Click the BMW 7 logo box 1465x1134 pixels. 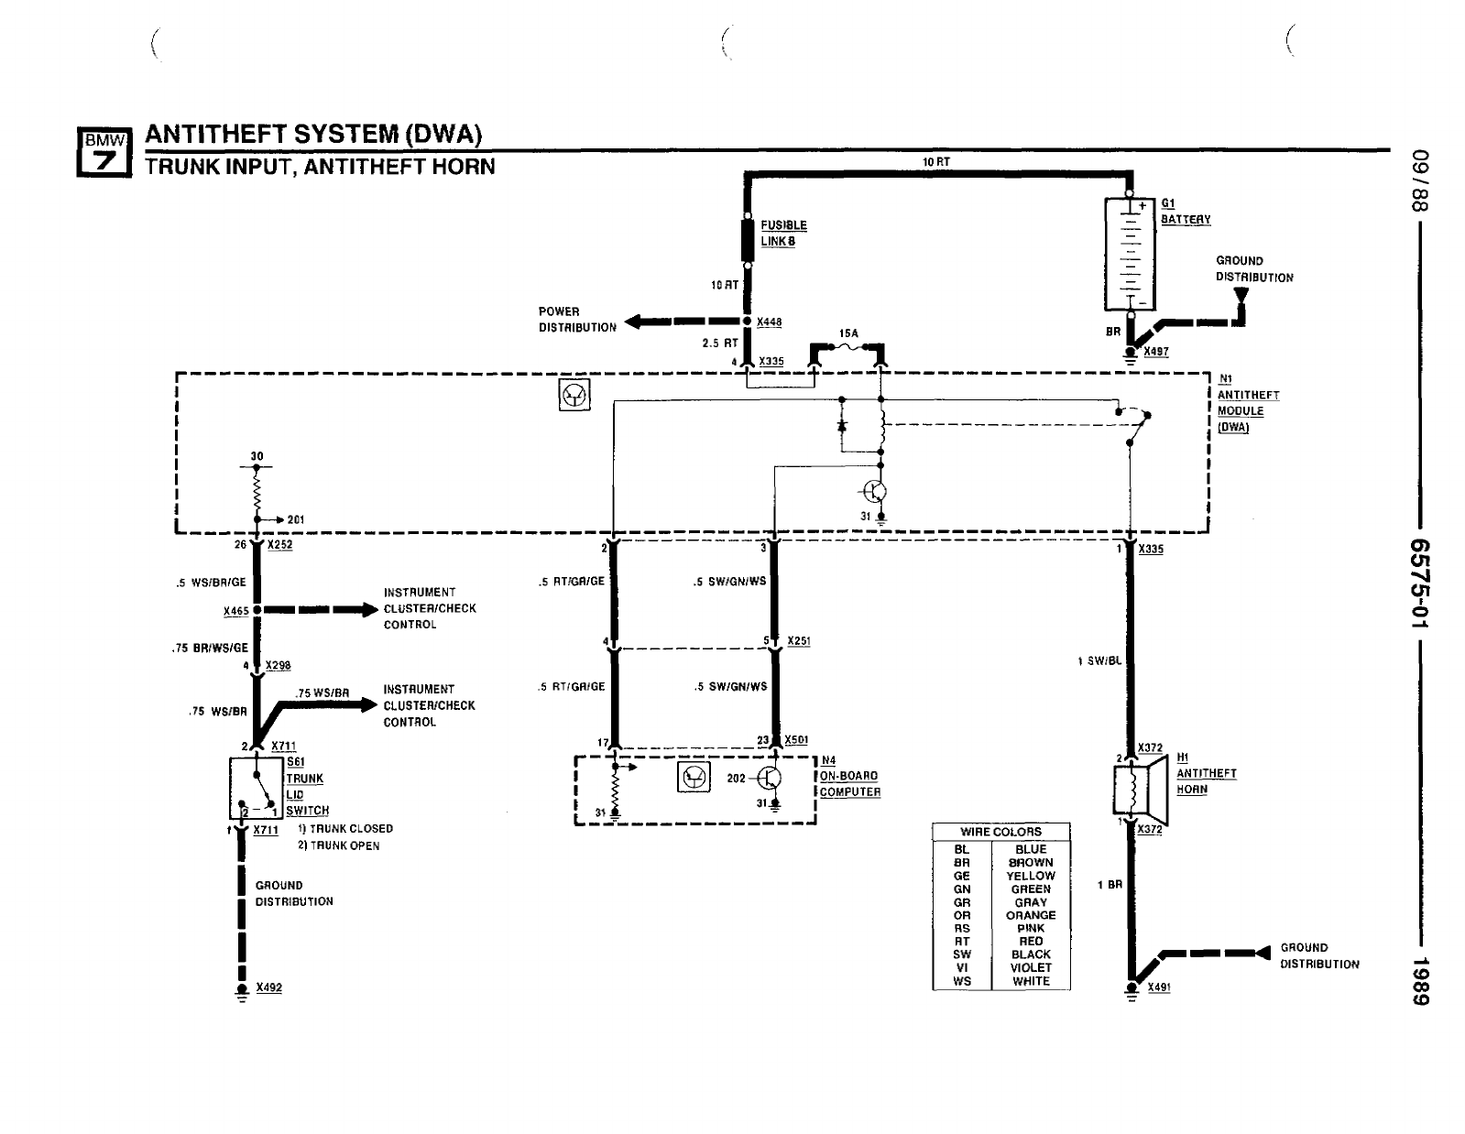click(x=104, y=152)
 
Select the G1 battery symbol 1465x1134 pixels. click(x=1130, y=254)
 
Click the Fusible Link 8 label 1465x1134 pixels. click(x=783, y=234)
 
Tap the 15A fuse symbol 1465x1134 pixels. click(x=847, y=348)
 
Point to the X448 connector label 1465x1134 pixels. click(x=770, y=322)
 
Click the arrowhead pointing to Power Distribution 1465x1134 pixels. click(x=632, y=322)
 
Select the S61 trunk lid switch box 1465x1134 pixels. click(x=257, y=787)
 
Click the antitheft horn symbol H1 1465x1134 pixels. click(x=1140, y=790)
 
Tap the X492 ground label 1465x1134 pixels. click(x=269, y=987)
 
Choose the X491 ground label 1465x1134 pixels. click(x=1159, y=987)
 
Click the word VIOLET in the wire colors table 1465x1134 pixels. click(x=1031, y=967)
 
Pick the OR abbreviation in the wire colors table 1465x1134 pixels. click(x=962, y=915)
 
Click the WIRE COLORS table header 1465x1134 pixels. click(x=1001, y=832)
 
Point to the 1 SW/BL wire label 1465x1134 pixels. click(x=1099, y=661)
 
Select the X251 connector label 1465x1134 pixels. click(x=799, y=641)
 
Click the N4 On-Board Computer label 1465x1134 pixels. click(x=849, y=776)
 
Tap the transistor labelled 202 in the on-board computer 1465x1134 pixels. click(x=770, y=779)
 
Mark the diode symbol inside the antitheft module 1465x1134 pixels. click(x=842, y=425)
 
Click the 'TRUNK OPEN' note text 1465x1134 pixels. click(x=338, y=845)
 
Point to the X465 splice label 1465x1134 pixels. click(x=236, y=611)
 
